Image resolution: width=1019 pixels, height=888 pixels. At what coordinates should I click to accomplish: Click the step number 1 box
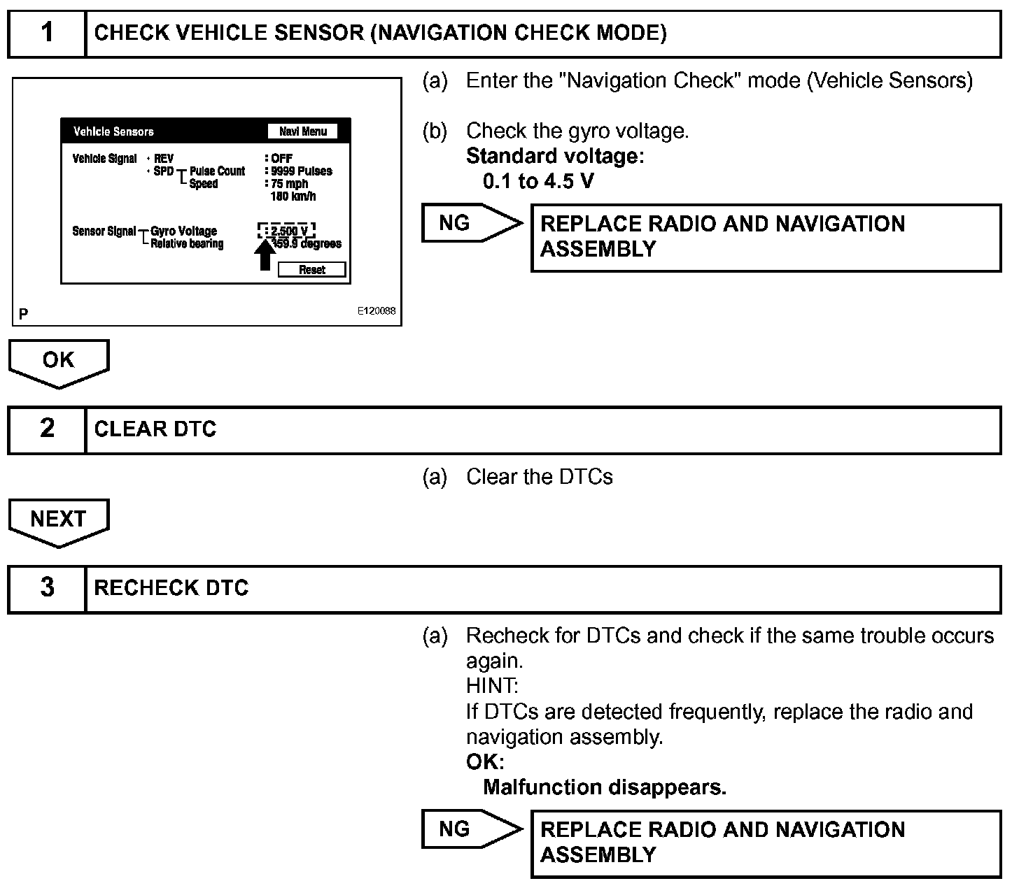coord(47,33)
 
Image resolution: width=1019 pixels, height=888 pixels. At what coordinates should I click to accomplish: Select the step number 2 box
coord(47,429)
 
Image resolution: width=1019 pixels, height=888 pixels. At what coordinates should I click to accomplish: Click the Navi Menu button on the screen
coord(303,131)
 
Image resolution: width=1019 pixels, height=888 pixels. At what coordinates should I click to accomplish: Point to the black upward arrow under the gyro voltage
coord(265,255)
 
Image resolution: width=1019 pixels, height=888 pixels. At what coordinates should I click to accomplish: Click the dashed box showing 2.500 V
coord(286,231)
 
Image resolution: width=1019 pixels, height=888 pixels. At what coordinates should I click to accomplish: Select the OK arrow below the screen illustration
coord(59,362)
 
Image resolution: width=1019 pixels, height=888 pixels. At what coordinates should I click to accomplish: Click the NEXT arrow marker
coord(59,522)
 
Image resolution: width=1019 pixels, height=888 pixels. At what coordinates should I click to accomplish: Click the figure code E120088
coord(377,311)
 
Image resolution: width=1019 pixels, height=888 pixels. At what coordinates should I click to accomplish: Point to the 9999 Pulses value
coord(301,171)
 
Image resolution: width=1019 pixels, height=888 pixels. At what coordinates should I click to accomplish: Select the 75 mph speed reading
coord(289,184)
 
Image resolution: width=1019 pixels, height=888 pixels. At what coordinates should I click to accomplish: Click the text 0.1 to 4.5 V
coord(538,182)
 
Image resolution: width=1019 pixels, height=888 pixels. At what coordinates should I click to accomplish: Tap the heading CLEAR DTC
coord(155,429)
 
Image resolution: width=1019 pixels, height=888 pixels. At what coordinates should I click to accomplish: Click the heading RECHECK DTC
coord(171,588)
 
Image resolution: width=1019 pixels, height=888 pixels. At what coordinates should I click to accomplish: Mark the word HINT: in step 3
coord(492,686)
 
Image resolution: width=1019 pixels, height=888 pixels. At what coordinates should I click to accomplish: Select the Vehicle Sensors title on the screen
coord(113,131)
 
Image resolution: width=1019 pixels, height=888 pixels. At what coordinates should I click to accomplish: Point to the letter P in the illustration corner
coord(24,314)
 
